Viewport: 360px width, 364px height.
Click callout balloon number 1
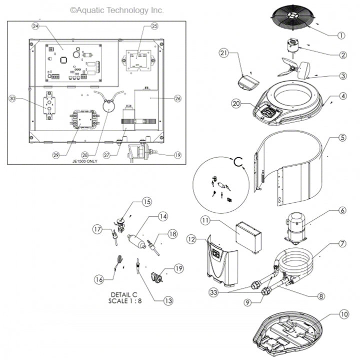click(x=341, y=35)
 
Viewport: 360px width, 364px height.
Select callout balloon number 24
click(x=35, y=26)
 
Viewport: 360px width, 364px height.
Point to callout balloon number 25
click(x=154, y=26)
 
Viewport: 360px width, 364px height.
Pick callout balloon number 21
click(x=223, y=53)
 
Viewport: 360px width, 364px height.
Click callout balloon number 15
click(x=146, y=202)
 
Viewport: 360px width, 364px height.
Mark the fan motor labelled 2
click(x=293, y=50)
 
